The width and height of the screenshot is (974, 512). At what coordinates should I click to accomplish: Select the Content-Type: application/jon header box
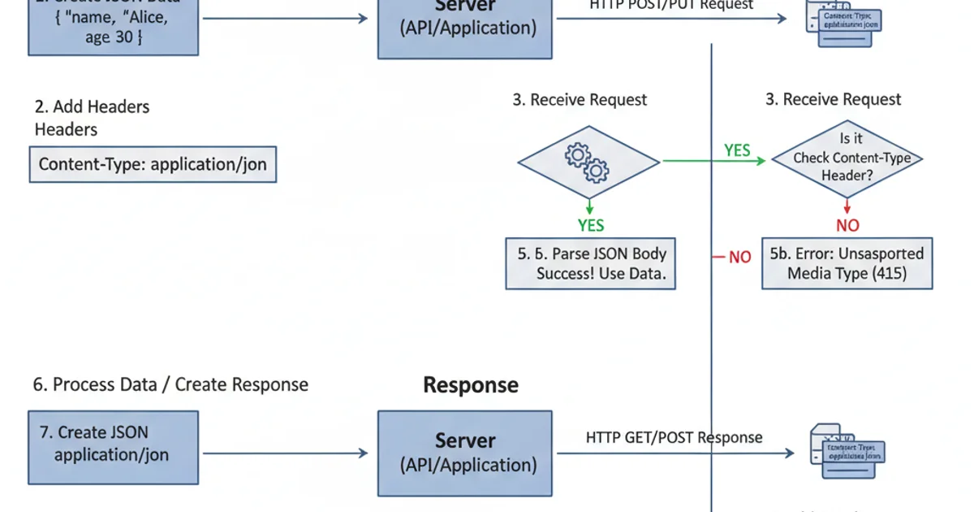(153, 165)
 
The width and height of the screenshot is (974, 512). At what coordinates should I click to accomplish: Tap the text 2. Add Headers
(92, 106)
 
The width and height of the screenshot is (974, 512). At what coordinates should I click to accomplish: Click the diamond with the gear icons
(588, 162)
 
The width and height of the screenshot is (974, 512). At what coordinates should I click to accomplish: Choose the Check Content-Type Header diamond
(847, 158)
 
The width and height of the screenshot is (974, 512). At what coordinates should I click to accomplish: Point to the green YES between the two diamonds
(737, 150)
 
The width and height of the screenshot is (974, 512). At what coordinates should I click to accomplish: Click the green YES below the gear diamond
(591, 225)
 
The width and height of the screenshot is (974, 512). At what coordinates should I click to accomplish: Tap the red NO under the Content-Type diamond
(847, 225)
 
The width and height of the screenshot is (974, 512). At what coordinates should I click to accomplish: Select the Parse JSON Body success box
(591, 263)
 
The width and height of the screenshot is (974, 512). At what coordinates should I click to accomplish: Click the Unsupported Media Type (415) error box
(847, 263)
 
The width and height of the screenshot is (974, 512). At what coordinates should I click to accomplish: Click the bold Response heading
(471, 384)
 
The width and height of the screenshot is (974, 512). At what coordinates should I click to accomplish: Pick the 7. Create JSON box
(113, 443)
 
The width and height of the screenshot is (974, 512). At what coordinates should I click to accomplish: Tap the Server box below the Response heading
(464, 453)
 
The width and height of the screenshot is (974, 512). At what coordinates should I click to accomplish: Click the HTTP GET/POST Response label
(674, 437)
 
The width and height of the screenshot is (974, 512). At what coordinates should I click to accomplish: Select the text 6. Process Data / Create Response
(170, 384)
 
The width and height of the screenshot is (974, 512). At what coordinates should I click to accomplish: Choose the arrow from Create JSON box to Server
(284, 453)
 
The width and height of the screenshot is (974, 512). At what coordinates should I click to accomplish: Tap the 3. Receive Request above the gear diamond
(580, 100)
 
